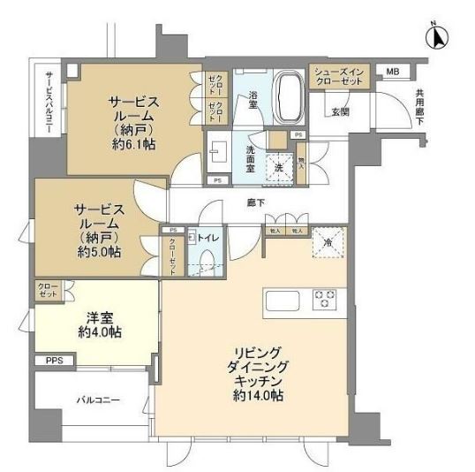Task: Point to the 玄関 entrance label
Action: coord(341,110)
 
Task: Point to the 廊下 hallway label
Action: coord(257,202)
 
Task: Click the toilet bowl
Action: coord(207,259)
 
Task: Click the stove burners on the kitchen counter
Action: coord(326,299)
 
